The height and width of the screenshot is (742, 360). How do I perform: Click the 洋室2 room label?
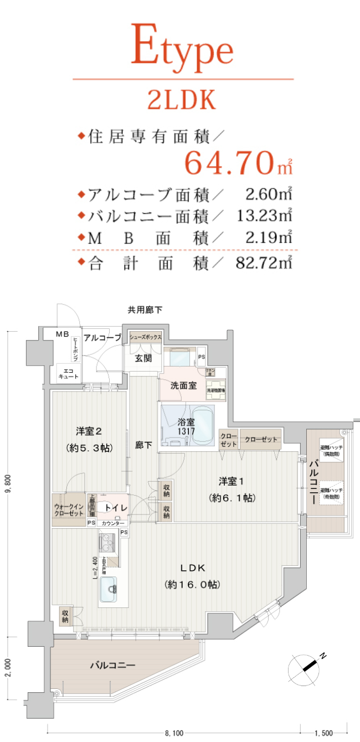tap(89, 431)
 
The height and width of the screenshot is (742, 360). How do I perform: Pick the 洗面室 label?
tap(183, 385)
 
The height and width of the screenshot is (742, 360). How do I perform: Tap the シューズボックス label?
tap(145, 337)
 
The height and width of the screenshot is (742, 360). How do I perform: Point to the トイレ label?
tap(116, 507)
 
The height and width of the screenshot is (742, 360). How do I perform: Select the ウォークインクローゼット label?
tap(69, 509)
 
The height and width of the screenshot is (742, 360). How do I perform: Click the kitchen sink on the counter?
tap(109, 591)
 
